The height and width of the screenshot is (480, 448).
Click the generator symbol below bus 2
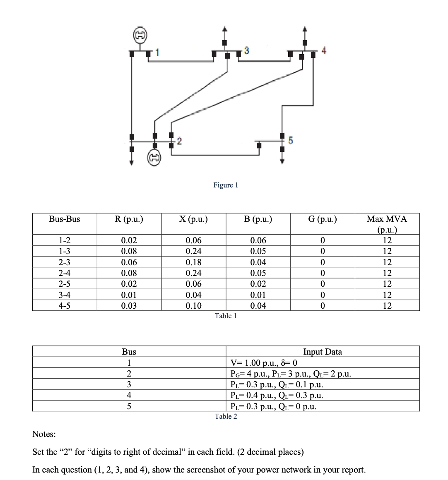point(154,157)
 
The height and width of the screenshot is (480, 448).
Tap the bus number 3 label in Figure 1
point(247,50)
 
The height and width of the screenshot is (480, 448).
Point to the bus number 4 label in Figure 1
point(324,51)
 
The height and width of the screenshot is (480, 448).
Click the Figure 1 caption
point(226,185)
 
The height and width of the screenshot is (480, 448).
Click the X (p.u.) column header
point(193,219)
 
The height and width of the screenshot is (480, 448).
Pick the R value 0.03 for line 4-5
point(129,306)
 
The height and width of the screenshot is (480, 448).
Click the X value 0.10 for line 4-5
point(193,306)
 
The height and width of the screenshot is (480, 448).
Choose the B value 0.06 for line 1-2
point(258,240)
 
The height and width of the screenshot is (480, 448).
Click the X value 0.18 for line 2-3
point(193,262)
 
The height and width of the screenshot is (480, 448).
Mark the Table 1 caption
point(226,316)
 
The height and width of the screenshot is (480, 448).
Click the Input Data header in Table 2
point(323,352)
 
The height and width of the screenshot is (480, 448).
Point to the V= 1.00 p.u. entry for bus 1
point(264,363)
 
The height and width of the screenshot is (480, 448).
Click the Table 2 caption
point(226,416)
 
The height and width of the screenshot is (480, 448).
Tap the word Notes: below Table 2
point(44,434)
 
